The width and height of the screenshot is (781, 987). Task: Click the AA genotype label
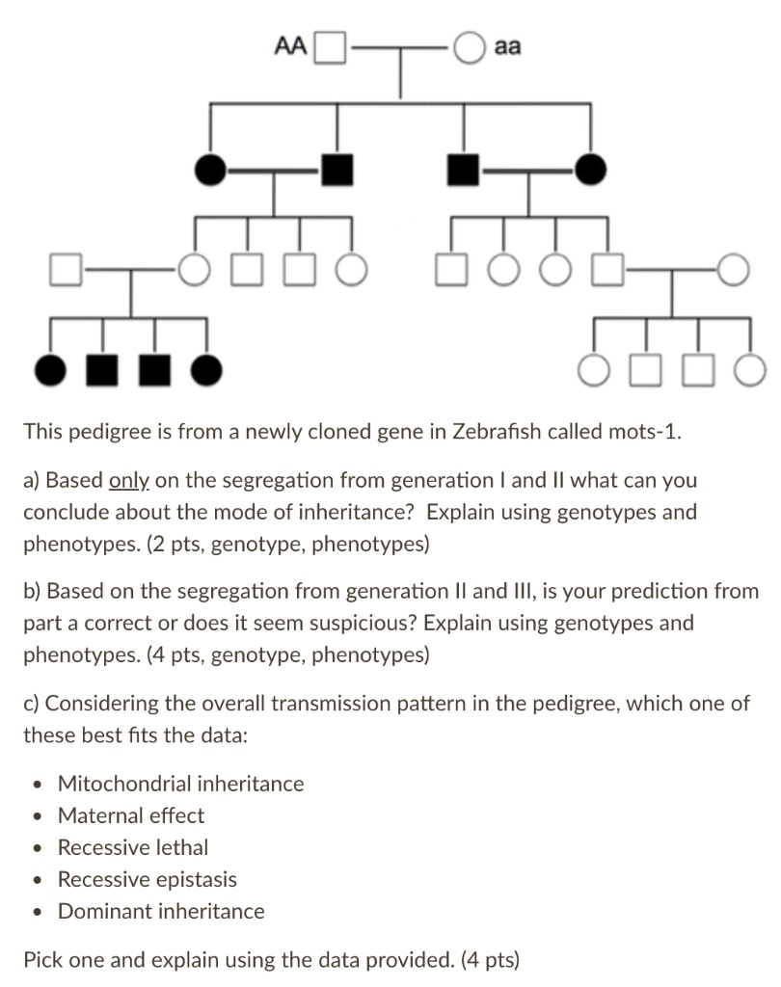[290, 45]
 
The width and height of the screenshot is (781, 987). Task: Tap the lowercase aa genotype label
[507, 45]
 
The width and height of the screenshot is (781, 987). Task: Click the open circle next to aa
[469, 46]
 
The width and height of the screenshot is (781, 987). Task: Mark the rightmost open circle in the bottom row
[750, 368]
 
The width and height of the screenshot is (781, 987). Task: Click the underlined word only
[128, 479]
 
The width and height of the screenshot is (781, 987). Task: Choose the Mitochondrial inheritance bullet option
[180, 784]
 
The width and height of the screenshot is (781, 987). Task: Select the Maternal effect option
[131, 815]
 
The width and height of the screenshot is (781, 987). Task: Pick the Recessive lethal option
[133, 847]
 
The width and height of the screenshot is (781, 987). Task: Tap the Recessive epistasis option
[148, 879]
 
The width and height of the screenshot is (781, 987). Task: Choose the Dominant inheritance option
[161, 911]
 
